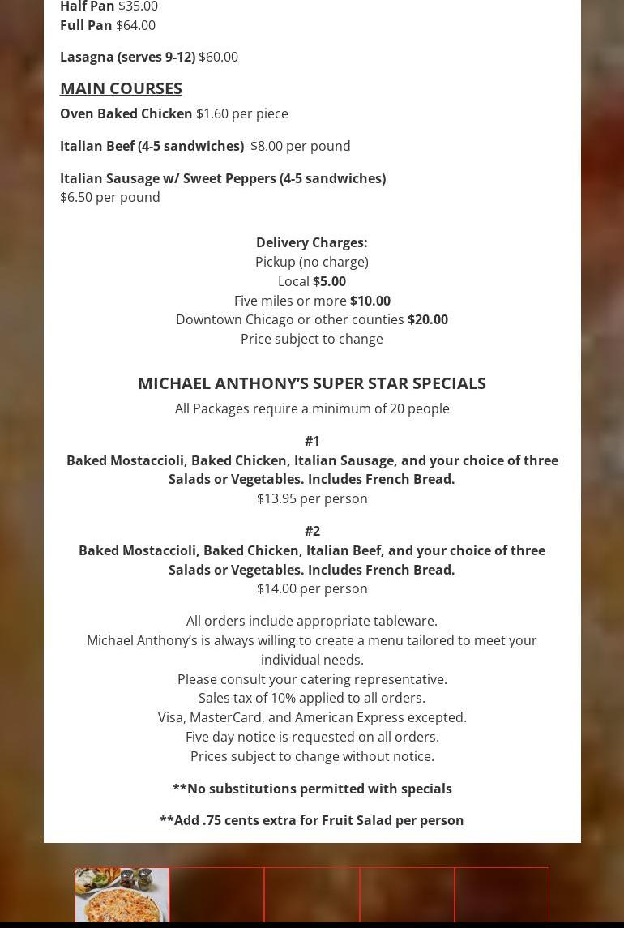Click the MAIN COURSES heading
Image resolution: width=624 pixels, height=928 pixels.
tap(121, 88)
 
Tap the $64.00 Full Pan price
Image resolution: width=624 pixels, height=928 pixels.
tap(135, 25)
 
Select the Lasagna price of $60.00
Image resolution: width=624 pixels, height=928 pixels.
tap(218, 57)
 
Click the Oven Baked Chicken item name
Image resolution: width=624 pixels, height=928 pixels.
tap(126, 113)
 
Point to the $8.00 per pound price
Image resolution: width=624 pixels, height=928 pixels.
tap(300, 146)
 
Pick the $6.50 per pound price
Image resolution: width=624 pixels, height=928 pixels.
tap(110, 197)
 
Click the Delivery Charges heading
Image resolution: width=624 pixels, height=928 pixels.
tap(311, 242)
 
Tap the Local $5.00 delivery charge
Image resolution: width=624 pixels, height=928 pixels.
tap(328, 281)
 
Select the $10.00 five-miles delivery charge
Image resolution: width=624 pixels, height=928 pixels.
tap(370, 301)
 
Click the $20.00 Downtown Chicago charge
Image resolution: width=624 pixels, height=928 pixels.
tap(427, 319)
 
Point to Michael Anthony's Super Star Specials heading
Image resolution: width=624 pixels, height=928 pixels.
tap(311, 383)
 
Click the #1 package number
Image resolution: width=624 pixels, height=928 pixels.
tap(312, 441)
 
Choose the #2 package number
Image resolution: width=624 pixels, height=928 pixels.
tap(312, 531)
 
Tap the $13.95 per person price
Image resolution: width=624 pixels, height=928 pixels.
tap(312, 498)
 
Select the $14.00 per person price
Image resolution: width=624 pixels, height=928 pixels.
tap(312, 588)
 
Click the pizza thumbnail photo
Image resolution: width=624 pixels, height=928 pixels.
tap(122, 895)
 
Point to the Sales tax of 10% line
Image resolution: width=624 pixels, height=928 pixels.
tap(312, 698)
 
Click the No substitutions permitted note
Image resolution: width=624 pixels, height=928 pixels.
tap(312, 789)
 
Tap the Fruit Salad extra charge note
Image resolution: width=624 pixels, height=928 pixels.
tap(312, 820)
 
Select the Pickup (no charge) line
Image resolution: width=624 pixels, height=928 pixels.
tap(312, 262)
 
